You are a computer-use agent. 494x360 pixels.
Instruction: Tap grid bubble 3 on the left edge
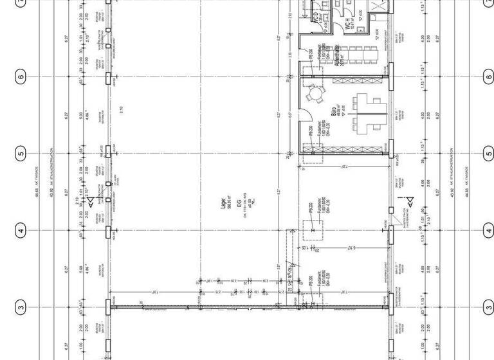click(21, 308)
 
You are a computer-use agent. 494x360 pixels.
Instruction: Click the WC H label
click(347, 24)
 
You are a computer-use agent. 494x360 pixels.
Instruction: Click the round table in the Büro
click(315, 95)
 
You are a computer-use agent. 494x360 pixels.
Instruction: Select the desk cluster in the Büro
click(365, 113)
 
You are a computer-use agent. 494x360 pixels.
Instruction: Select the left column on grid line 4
click(108, 231)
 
